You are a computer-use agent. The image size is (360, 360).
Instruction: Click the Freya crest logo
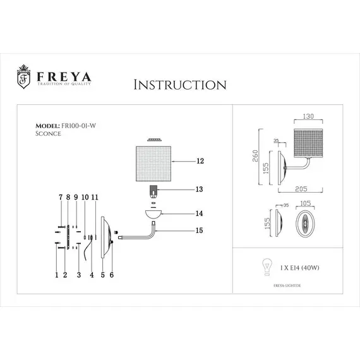21,77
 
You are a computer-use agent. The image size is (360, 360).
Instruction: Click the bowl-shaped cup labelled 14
153,214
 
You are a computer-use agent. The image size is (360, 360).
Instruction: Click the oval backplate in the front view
305,224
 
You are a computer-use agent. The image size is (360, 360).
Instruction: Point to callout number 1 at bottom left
56,275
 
